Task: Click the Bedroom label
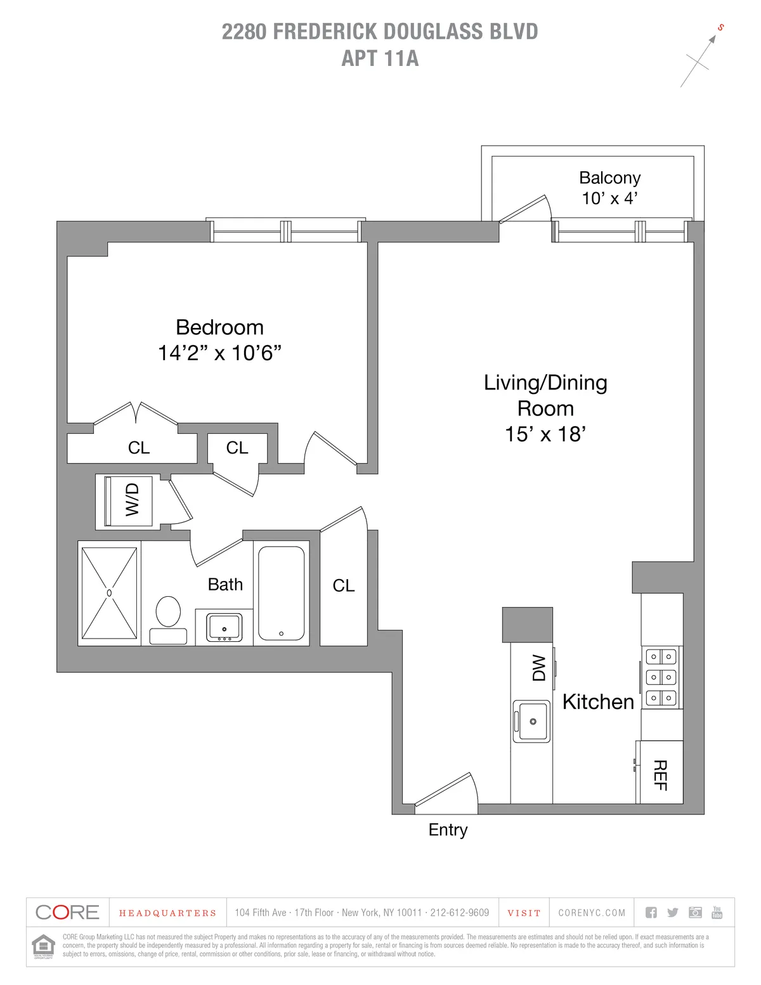pyautogui.click(x=219, y=327)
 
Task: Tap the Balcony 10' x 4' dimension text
pyautogui.click(x=609, y=198)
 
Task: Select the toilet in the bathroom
pyautogui.click(x=168, y=618)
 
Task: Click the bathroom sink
pyautogui.click(x=224, y=627)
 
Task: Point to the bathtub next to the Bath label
pyautogui.click(x=281, y=594)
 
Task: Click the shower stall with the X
pyautogui.click(x=109, y=593)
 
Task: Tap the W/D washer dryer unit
pyautogui.click(x=129, y=501)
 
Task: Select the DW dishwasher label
pyautogui.click(x=538, y=668)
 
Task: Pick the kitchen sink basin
pyautogui.click(x=531, y=721)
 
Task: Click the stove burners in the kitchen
pyautogui.click(x=661, y=677)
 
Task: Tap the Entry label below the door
pyautogui.click(x=448, y=830)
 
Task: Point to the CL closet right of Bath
pyautogui.click(x=344, y=585)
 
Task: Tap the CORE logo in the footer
pyautogui.click(x=67, y=913)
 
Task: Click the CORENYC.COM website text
pyautogui.click(x=592, y=913)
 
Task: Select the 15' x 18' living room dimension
pyautogui.click(x=545, y=434)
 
